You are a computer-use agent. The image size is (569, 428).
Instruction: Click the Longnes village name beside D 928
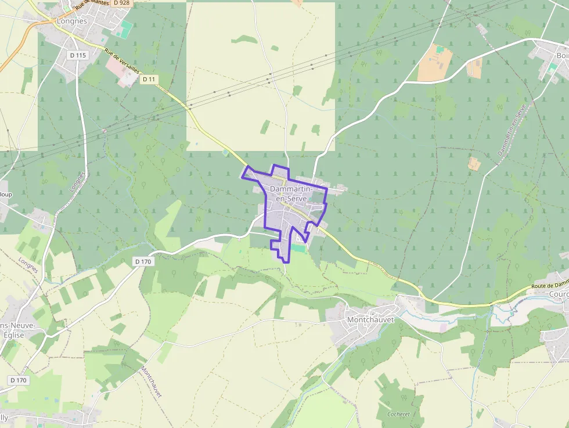72,21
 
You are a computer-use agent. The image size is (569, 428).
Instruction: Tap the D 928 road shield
122,3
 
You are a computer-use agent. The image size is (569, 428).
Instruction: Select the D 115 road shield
77,55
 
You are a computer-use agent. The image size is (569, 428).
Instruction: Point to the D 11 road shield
149,79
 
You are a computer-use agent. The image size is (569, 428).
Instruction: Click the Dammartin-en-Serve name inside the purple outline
291,194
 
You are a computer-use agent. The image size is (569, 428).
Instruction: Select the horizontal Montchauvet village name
370,319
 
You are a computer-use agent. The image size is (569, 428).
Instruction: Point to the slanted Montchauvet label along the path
150,382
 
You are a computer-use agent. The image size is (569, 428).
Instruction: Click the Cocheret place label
398,414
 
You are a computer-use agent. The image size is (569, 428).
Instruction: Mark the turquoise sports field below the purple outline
298,249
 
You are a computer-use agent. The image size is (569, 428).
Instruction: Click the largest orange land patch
435,63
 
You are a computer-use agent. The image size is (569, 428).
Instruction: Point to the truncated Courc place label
558,294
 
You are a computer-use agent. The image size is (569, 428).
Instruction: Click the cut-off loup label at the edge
6,194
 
